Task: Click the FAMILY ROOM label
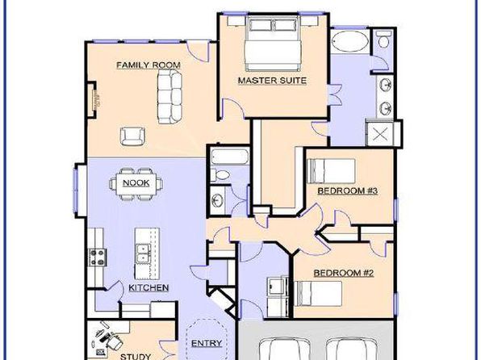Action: (x=148, y=65)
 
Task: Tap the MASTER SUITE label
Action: (x=272, y=81)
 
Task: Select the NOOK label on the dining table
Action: (x=136, y=183)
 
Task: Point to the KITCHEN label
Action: (x=148, y=287)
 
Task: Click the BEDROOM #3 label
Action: (x=348, y=190)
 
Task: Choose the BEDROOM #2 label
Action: (x=344, y=273)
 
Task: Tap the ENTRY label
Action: (x=207, y=343)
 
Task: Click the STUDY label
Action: (x=136, y=356)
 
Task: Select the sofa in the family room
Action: (x=169, y=96)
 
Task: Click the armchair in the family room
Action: (x=132, y=136)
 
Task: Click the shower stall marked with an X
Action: (x=380, y=134)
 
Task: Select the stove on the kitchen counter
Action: (x=98, y=257)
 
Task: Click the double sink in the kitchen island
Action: (x=142, y=253)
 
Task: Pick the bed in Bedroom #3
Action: (x=331, y=171)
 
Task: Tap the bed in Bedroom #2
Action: (x=318, y=294)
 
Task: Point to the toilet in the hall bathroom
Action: (x=220, y=175)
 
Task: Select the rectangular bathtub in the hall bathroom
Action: (x=230, y=157)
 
